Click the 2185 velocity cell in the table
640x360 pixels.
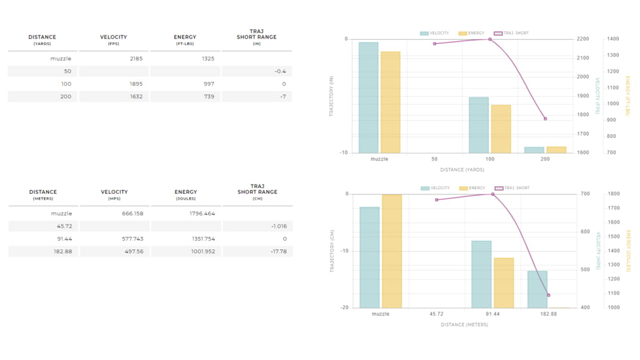click(133, 59)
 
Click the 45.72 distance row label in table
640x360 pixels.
click(63, 226)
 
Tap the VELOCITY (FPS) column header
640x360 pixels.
click(113, 39)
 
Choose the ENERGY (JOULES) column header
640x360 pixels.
click(185, 194)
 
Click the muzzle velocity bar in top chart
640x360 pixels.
click(368, 98)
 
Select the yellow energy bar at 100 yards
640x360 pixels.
click(501, 129)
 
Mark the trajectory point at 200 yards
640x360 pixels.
click(545, 118)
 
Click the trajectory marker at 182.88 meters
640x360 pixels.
click(548, 295)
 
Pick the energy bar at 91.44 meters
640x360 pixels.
click(503, 283)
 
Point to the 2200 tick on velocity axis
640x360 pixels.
click(582, 39)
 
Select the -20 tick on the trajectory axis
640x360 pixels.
click(344, 308)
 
